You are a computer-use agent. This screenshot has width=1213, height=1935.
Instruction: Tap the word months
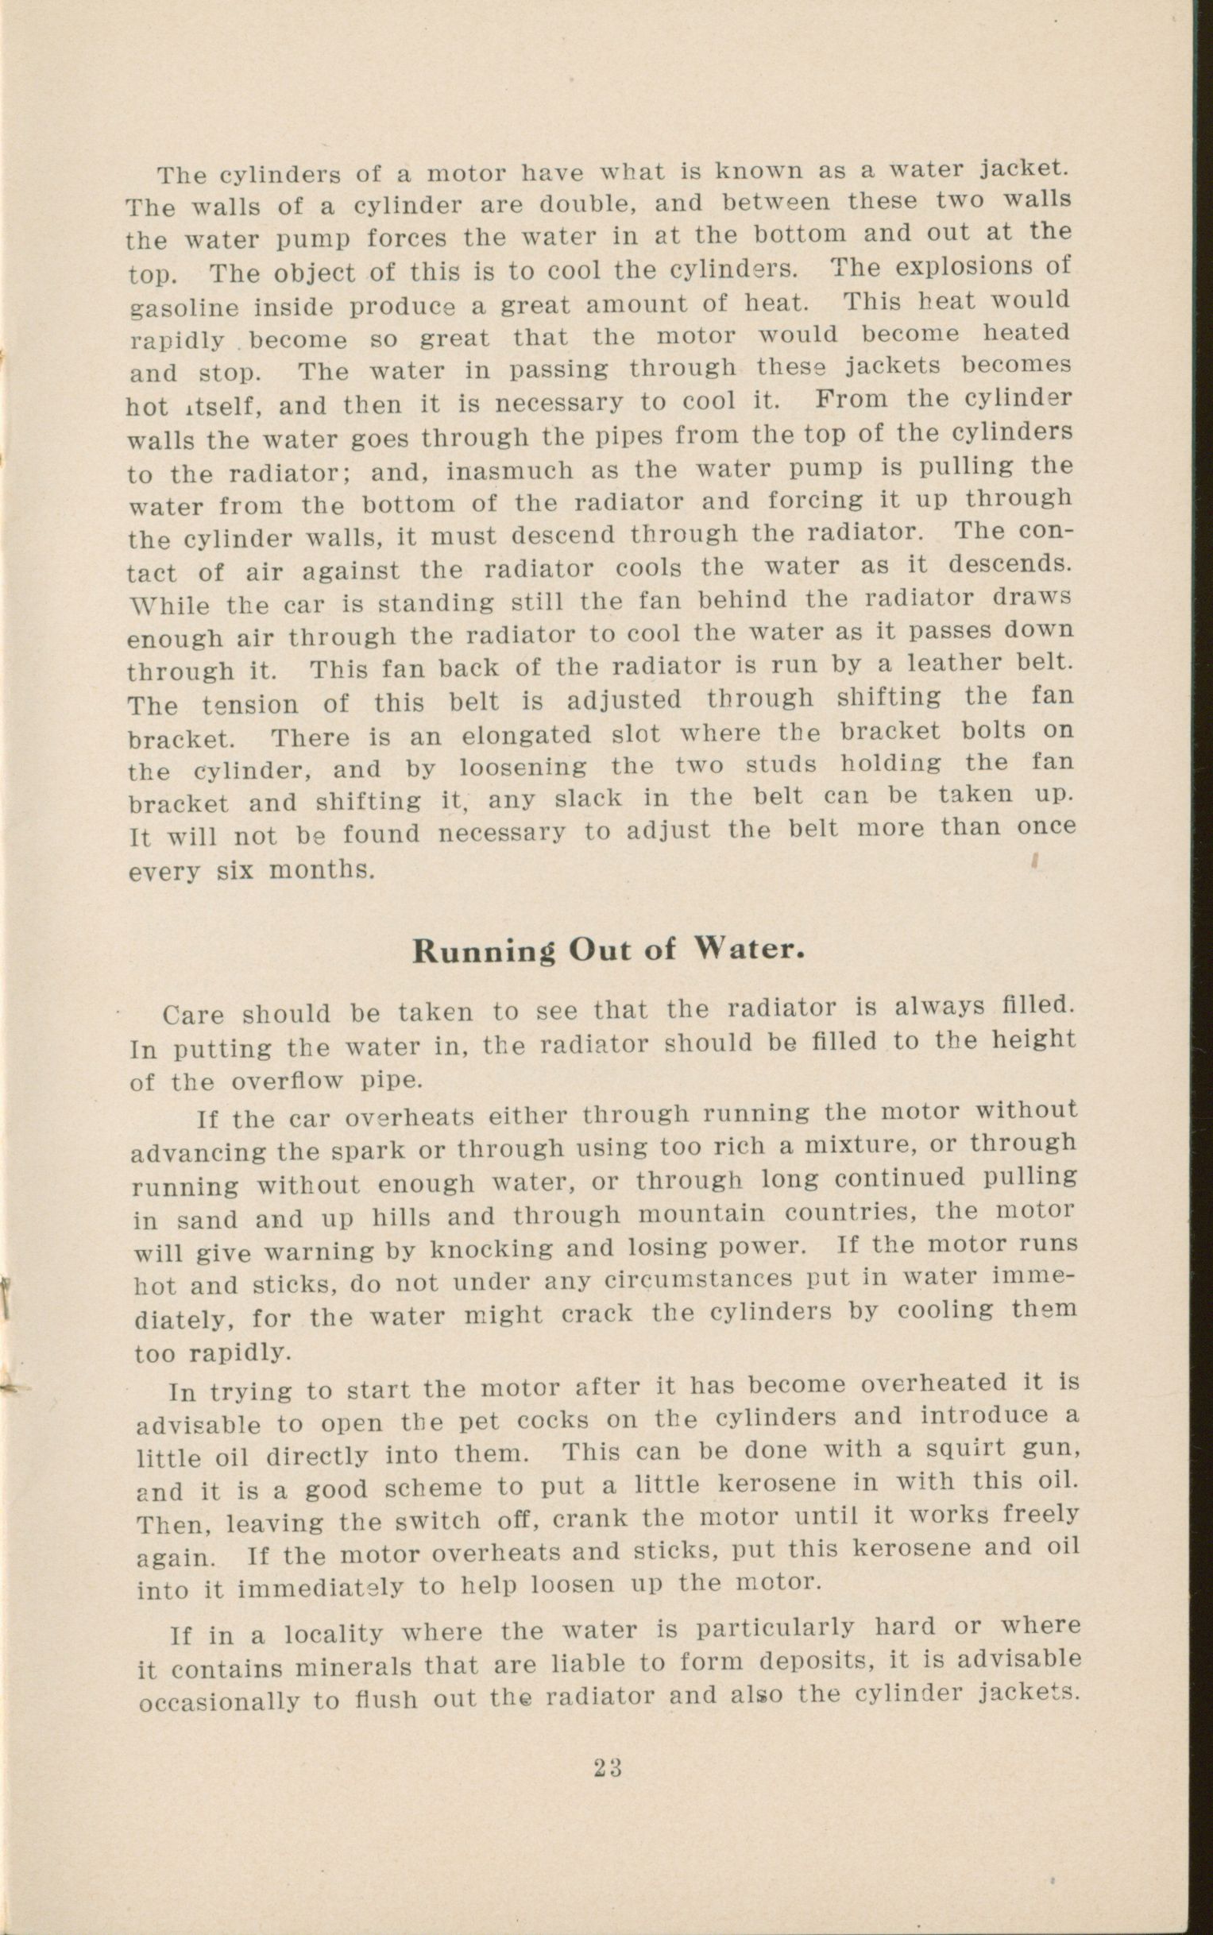click(x=321, y=870)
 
